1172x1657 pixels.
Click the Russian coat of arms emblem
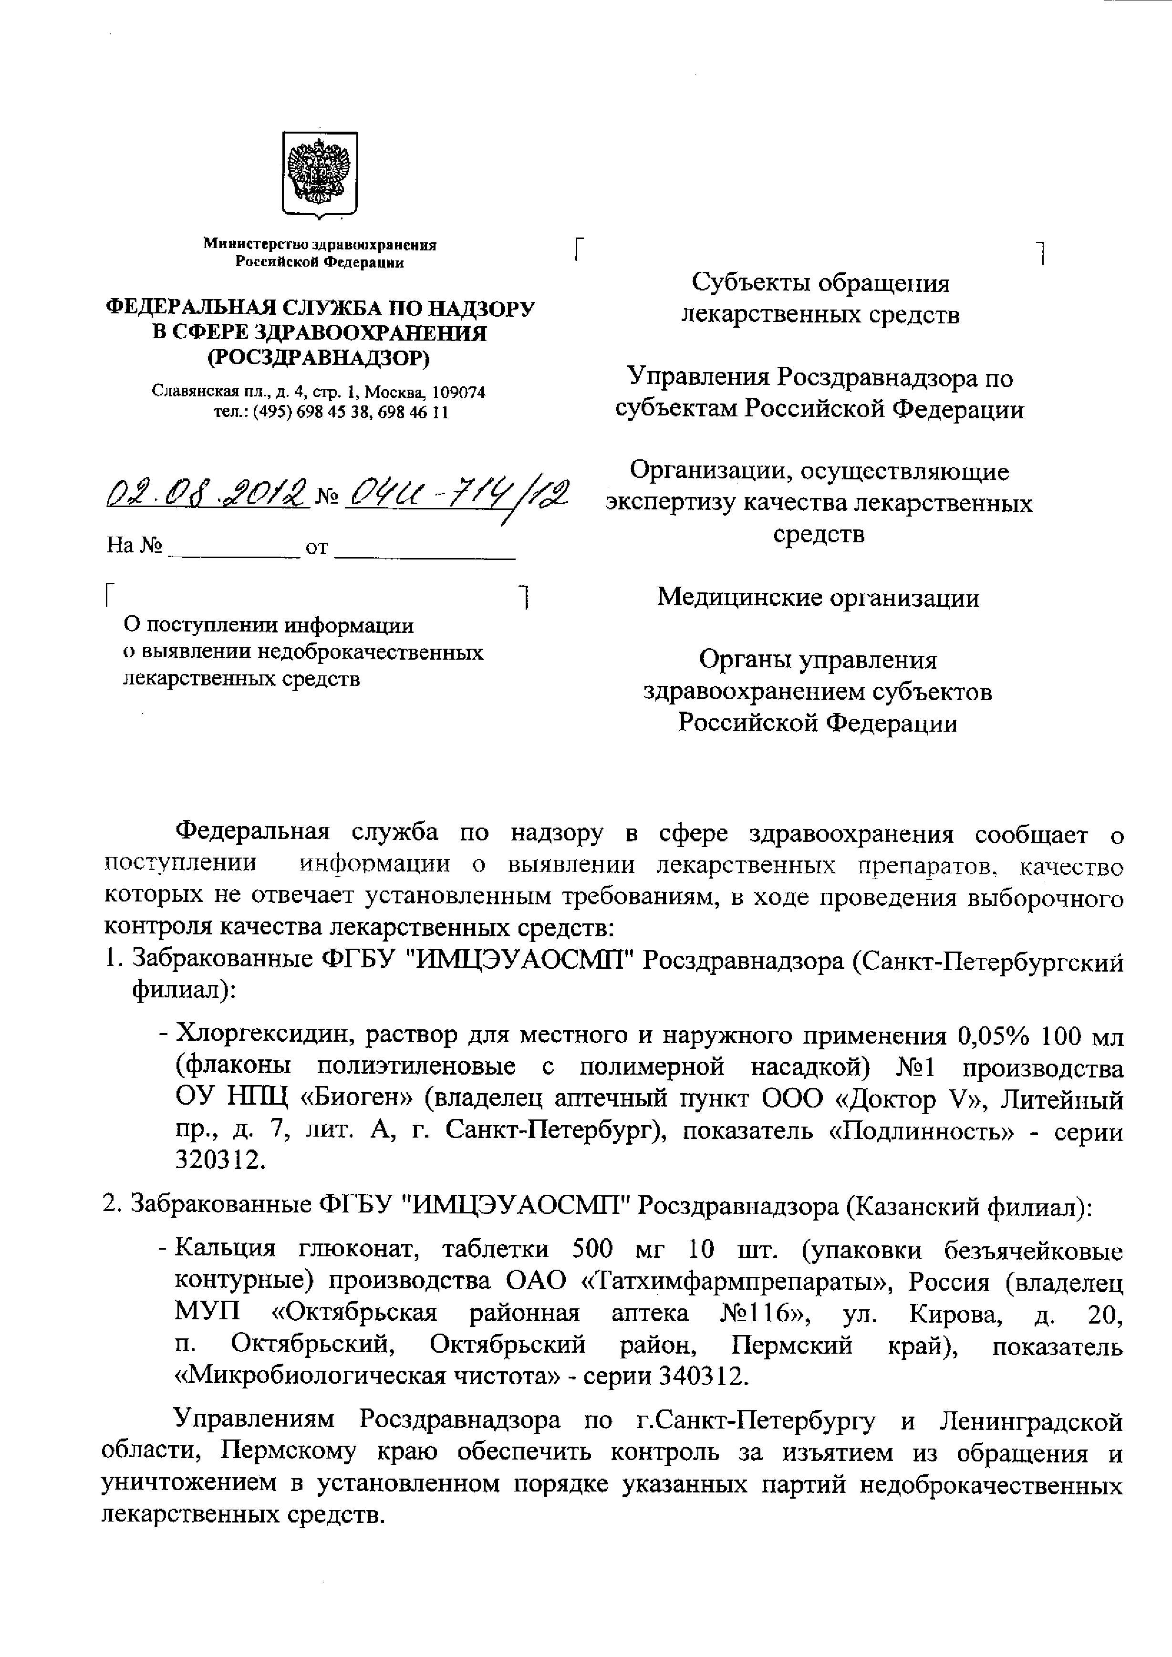point(319,174)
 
